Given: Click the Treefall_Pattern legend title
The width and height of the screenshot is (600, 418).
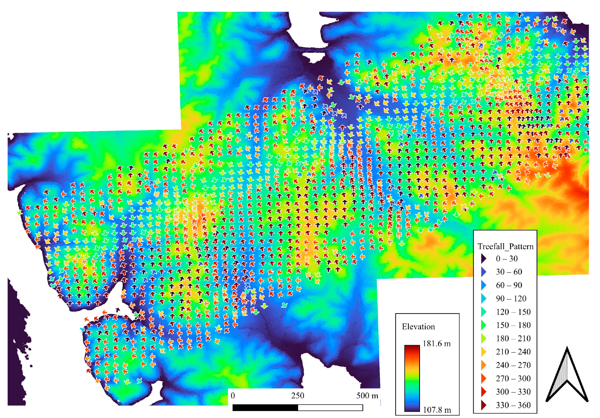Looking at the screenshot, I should click(x=505, y=246).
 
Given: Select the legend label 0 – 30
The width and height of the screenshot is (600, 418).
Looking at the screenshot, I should click(x=506, y=259).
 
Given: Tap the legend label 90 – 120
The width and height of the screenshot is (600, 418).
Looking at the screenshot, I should click(x=511, y=298).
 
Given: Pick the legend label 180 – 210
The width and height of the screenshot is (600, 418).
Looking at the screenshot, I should click(x=513, y=338).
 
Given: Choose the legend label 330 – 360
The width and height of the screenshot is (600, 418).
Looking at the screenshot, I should click(x=513, y=405).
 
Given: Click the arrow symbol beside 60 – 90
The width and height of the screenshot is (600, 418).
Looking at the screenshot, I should click(x=483, y=285).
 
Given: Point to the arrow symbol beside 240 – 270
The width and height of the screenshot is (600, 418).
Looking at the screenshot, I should click(x=483, y=365).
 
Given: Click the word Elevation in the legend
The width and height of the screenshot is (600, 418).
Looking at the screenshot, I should click(x=418, y=327).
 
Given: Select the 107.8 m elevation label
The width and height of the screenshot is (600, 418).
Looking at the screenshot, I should click(x=437, y=410).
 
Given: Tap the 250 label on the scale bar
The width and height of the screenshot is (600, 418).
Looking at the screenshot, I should click(x=298, y=395).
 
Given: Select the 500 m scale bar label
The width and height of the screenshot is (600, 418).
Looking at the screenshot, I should click(x=367, y=395).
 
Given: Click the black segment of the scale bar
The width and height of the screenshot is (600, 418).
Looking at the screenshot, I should click(x=265, y=408).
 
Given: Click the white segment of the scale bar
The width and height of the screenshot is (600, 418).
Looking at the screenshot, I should click(x=330, y=408).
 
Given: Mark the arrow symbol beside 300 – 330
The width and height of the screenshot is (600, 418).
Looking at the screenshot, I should click(x=483, y=392).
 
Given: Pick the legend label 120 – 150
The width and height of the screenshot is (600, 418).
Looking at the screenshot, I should click(x=513, y=312).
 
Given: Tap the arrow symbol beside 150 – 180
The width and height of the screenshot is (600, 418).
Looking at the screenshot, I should click(x=483, y=325).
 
